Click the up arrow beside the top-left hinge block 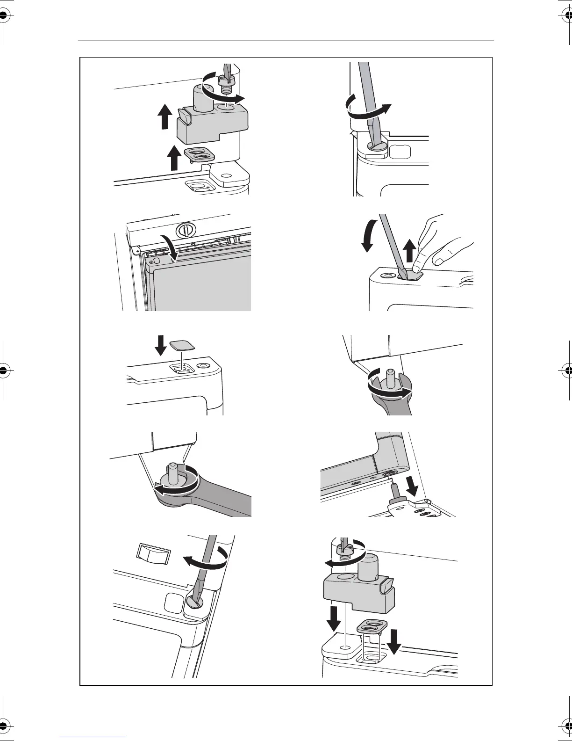pos(164,116)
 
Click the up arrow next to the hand pos(410,250)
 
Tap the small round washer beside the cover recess pos(203,365)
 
